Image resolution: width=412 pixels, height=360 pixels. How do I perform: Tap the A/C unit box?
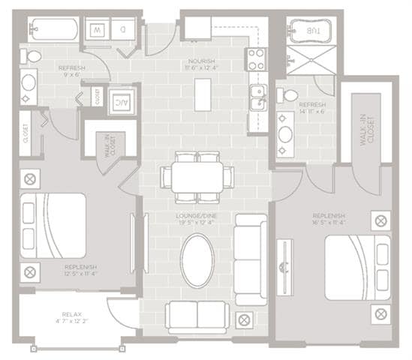coord(120,102)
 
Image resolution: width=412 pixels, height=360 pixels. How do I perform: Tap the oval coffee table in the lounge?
coord(197,260)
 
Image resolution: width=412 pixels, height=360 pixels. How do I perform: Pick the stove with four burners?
coord(256,58)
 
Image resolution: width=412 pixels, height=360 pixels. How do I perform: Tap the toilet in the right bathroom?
coord(289,96)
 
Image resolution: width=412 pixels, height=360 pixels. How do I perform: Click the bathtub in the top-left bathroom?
coord(53,31)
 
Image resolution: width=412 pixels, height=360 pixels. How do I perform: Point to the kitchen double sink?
coord(257,98)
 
